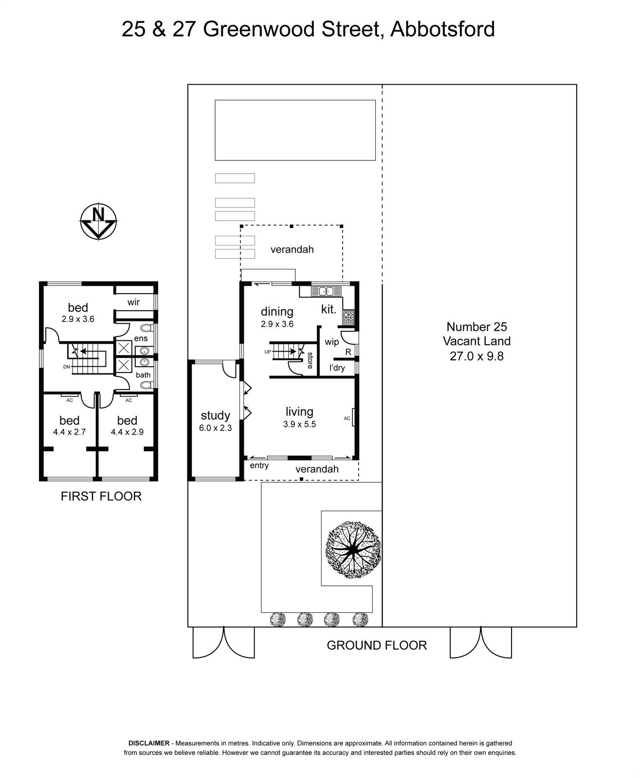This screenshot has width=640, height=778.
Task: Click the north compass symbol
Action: (98, 221)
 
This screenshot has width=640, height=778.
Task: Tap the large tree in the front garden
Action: (353, 550)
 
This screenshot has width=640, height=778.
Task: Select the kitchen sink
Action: (322, 291)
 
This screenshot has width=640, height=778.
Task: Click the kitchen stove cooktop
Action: (348, 317)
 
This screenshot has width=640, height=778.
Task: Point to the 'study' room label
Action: (215, 416)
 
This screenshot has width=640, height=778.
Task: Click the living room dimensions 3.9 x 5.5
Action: (299, 424)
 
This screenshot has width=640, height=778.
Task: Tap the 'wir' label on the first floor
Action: (134, 302)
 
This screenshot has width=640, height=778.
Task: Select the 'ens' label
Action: (141, 338)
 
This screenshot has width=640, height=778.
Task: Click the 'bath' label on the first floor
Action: (143, 375)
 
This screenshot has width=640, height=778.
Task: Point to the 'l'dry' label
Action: (337, 368)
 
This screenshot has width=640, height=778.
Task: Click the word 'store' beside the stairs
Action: (310, 360)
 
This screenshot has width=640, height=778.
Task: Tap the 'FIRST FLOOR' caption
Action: (101, 496)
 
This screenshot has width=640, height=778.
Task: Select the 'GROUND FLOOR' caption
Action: (377, 645)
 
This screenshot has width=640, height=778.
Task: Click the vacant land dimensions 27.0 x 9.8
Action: (477, 356)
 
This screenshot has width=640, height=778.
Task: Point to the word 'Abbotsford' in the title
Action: (442, 29)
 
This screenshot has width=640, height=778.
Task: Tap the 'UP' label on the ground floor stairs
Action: (268, 352)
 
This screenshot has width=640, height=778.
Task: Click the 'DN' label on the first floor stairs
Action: (67, 367)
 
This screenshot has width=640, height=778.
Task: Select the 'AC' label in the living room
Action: (347, 418)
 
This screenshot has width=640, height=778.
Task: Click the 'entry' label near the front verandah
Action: (259, 465)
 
